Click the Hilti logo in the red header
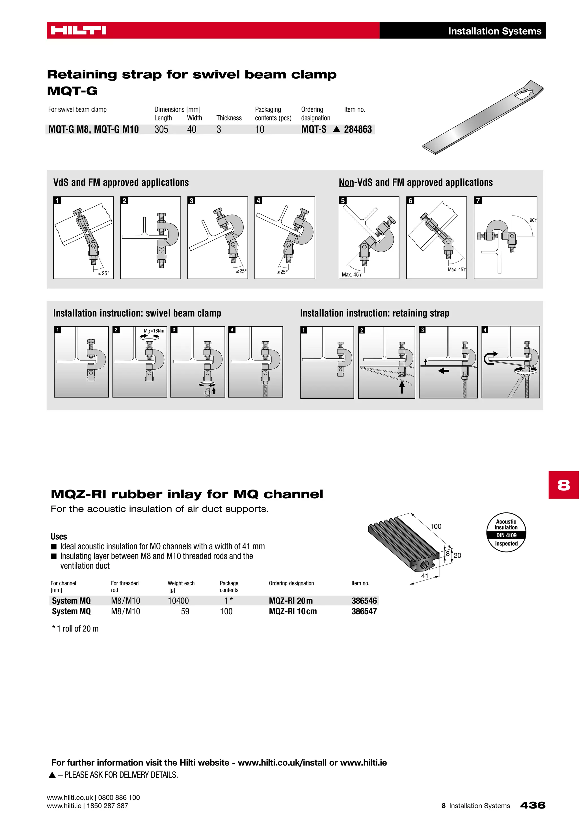(x=78, y=30)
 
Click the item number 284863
(x=358, y=130)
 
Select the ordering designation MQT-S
(x=314, y=130)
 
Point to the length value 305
(x=161, y=130)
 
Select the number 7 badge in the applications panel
(x=478, y=201)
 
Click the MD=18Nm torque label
(x=154, y=331)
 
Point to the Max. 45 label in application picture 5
(x=351, y=275)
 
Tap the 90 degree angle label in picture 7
(x=533, y=220)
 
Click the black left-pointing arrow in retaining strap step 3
(x=444, y=371)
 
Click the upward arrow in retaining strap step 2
(x=402, y=387)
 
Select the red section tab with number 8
(x=563, y=485)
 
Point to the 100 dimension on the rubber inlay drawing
(x=436, y=527)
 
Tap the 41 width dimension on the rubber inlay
(x=425, y=576)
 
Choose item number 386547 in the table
(x=364, y=611)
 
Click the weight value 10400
(x=178, y=601)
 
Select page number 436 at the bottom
(x=533, y=805)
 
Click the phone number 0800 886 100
(x=119, y=798)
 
